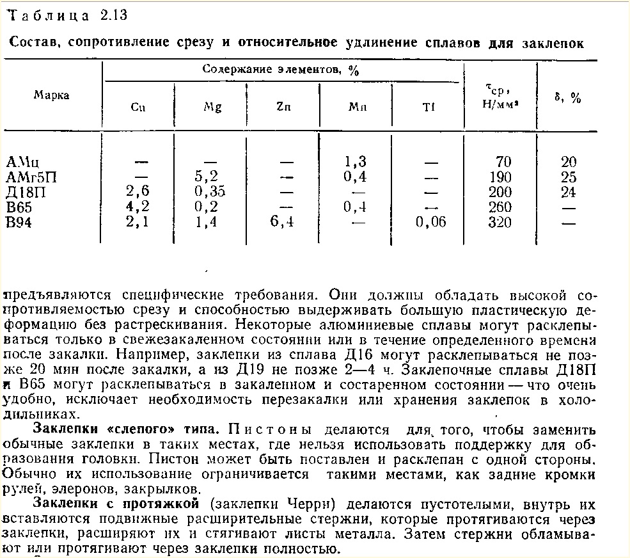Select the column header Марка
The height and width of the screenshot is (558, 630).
click(x=51, y=95)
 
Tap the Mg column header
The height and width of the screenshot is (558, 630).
click(x=212, y=108)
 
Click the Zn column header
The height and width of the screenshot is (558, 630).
click(x=283, y=108)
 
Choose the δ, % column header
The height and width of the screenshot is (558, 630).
click(x=567, y=98)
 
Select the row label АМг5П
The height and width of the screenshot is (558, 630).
click(x=31, y=177)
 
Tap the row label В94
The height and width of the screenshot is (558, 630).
click(x=19, y=223)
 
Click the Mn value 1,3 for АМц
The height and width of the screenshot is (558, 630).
click(x=354, y=161)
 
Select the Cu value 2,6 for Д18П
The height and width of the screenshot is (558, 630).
click(x=138, y=192)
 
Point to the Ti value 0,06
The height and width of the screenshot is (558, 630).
click(x=430, y=223)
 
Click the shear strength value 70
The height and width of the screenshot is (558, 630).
click(x=504, y=161)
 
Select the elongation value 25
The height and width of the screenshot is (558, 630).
click(x=568, y=177)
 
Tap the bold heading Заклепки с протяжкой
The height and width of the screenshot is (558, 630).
click(x=118, y=504)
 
